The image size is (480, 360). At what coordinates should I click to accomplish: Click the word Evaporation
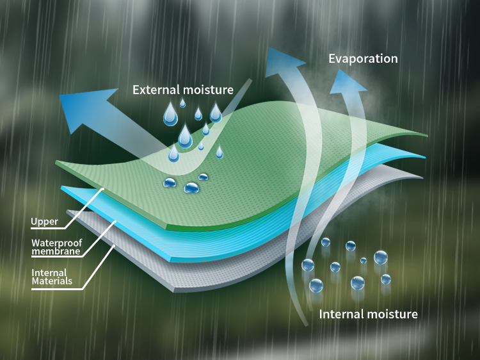click(363, 58)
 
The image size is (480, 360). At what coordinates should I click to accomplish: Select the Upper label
click(45, 222)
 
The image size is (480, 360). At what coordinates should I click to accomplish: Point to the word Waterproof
click(56, 243)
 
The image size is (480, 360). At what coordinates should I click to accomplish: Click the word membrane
click(56, 252)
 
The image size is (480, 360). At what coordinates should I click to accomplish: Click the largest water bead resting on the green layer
click(191, 188)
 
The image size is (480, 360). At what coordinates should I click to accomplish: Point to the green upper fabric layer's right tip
click(425, 136)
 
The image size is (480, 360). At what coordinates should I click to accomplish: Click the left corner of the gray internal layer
click(69, 211)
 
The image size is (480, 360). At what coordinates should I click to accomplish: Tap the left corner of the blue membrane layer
click(63, 188)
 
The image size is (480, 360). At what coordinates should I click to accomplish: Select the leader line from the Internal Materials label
click(96, 266)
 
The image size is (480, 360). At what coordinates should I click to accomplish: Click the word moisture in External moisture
click(210, 90)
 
